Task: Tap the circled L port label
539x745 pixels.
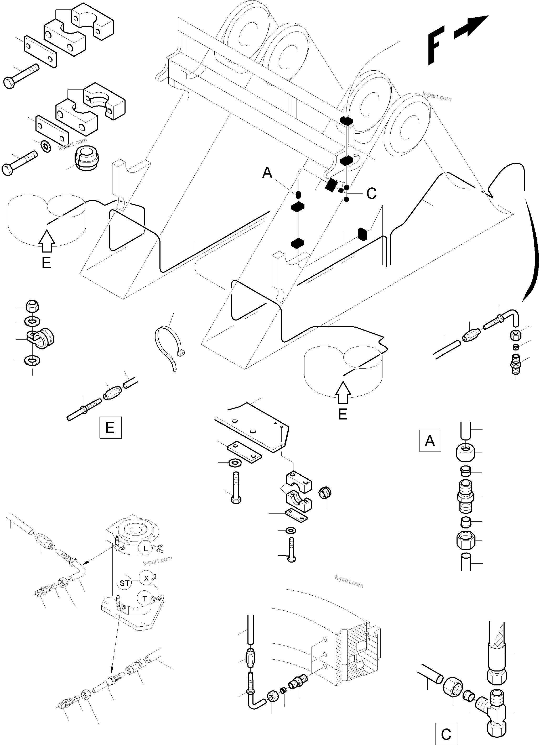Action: click(x=146, y=548)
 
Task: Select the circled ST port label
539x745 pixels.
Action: click(x=124, y=583)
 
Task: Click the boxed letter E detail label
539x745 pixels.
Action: click(x=110, y=427)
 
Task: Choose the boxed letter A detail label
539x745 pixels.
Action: click(x=430, y=441)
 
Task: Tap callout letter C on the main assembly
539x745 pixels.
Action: click(x=371, y=194)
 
